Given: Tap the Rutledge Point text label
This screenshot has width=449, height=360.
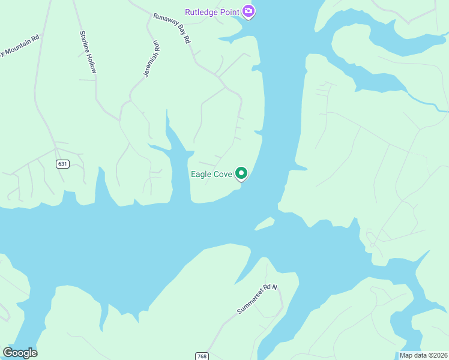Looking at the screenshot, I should click(212, 12).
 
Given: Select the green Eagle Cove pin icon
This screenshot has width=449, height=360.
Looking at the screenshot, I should click(241, 173).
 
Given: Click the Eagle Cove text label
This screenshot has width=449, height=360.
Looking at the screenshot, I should click(211, 175).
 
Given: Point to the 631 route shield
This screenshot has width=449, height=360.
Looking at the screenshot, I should click(62, 164).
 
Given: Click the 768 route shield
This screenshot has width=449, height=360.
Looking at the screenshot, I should click(202, 356).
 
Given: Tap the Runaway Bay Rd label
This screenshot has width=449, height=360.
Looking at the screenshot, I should click(172, 28).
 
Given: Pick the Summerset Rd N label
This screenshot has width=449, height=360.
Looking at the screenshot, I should click(258, 299).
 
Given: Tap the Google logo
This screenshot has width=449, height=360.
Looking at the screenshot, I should click(20, 353).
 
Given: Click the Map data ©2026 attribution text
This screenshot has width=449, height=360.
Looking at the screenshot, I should click(423, 355).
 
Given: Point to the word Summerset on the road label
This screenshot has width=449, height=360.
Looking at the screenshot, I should click(249, 304).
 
